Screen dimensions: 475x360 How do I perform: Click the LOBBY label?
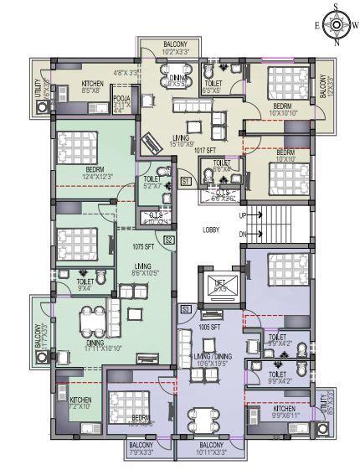[x=211, y=229]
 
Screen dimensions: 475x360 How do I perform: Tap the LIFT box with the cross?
[x=222, y=284]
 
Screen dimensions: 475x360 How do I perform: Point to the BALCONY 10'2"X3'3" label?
[x=175, y=48]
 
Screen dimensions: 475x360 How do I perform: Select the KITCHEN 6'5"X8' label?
[x=92, y=87]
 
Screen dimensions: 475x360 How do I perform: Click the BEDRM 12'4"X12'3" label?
[x=94, y=173]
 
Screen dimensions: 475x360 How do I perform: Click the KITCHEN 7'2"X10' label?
[x=80, y=404]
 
